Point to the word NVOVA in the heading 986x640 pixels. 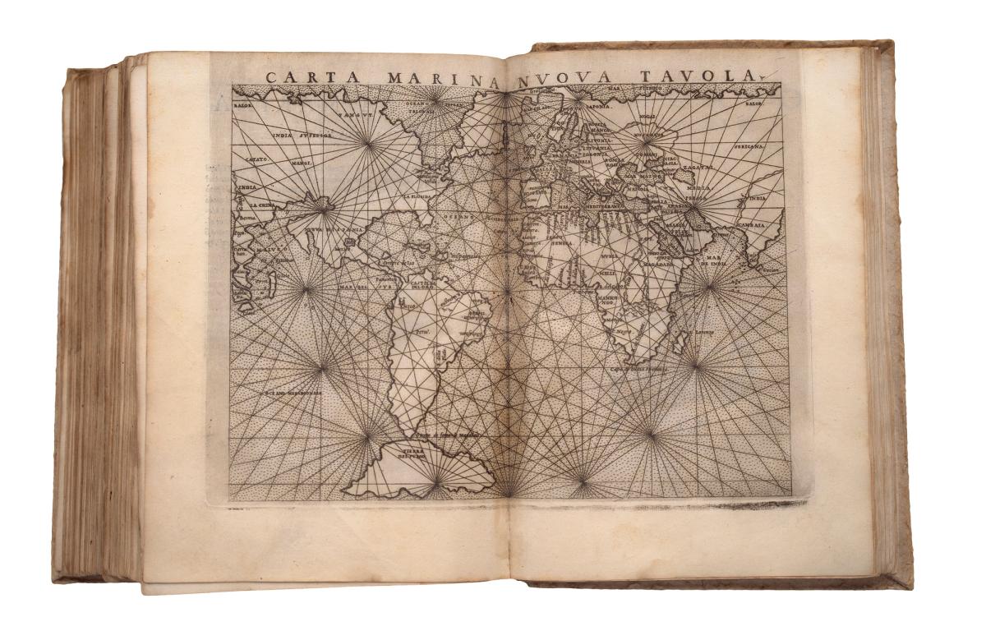[567, 77]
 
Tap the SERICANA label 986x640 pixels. [748, 146]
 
